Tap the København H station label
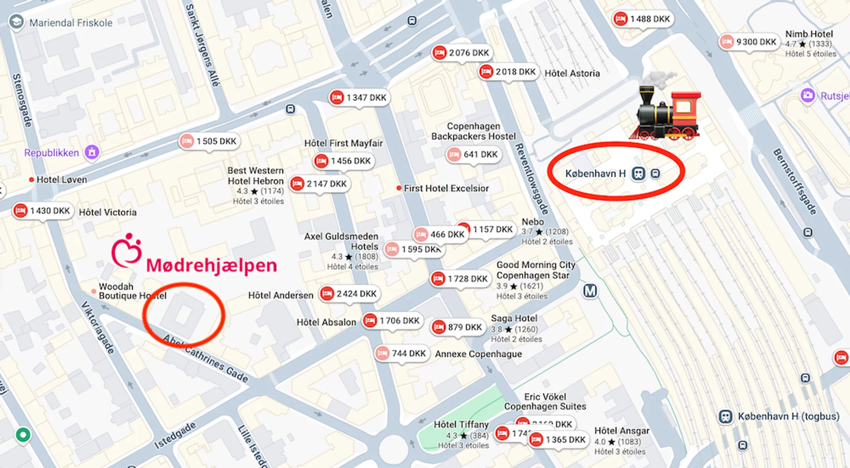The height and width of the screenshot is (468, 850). [596, 174]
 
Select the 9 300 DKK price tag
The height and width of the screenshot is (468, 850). [749, 42]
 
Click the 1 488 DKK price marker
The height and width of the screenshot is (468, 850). [643, 19]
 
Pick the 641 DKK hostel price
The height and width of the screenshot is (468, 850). [473, 154]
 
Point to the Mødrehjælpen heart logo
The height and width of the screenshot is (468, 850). [126, 251]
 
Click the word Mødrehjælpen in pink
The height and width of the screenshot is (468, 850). [212, 266]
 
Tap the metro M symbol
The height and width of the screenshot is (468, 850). [590, 291]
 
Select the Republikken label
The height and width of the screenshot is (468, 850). [52, 153]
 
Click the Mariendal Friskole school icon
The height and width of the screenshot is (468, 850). [16, 22]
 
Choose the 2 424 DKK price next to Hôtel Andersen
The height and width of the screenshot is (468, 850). [349, 294]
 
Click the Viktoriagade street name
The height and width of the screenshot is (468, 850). [98, 328]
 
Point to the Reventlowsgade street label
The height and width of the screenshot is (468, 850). [532, 179]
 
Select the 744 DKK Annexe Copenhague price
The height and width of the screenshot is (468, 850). [402, 353]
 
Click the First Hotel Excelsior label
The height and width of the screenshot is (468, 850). [446, 188]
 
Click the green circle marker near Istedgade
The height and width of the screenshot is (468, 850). [23, 434]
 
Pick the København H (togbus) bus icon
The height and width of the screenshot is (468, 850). [726, 417]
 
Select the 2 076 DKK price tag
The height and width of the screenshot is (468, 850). [462, 53]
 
